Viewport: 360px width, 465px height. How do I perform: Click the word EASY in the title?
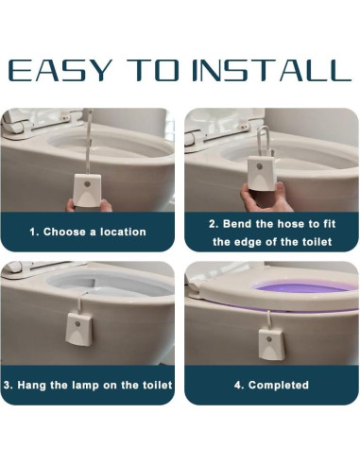[x=60, y=70]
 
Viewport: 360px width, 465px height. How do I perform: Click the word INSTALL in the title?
[x=271, y=70]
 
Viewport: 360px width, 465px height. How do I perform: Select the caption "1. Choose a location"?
[x=88, y=232]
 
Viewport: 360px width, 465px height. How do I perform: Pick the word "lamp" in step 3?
[x=85, y=386]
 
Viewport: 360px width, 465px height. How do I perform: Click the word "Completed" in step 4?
[x=279, y=385]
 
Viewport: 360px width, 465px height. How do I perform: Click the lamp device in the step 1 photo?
[x=87, y=190]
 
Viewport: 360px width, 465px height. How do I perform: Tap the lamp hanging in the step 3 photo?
[x=79, y=328]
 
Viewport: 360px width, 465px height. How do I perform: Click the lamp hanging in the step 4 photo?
[x=272, y=343]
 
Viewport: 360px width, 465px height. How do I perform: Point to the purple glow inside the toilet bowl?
[x=302, y=288]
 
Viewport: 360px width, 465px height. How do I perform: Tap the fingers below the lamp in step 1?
[x=89, y=206]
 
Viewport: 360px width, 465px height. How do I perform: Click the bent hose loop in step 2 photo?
[x=263, y=140]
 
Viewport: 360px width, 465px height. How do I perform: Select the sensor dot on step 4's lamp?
[x=268, y=339]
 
